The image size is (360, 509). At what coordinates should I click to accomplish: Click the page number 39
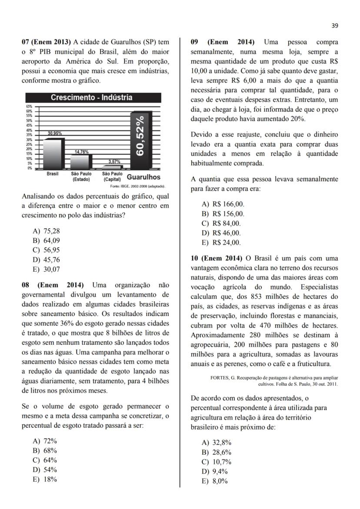[x=334, y=26]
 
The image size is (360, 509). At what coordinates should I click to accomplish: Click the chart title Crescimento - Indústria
[x=92, y=97]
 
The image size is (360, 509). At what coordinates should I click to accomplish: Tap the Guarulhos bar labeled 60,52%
[x=140, y=139]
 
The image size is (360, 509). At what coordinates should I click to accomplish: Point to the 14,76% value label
[x=81, y=152]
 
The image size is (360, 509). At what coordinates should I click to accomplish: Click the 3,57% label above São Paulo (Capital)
[x=114, y=162]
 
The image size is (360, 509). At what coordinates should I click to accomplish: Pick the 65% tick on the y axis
[x=29, y=106]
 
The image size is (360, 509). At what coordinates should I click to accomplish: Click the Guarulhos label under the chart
[x=143, y=177]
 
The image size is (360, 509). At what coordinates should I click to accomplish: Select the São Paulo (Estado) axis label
[x=81, y=176]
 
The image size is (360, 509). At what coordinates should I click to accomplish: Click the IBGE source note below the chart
[x=137, y=186]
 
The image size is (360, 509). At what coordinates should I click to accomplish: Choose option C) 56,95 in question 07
[x=46, y=250]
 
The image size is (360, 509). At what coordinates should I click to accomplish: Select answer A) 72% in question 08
[x=45, y=441]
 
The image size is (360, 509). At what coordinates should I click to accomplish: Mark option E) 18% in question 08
[x=45, y=480]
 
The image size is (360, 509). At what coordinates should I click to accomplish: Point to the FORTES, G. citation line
[x=273, y=377]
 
